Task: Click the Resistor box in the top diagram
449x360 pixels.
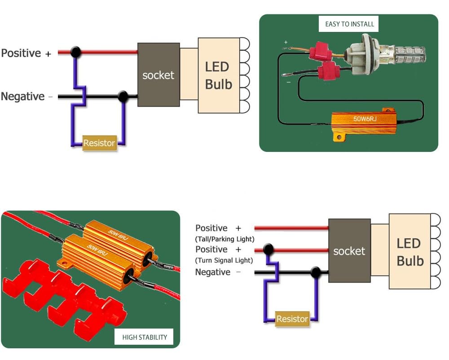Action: pyautogui.click(x=99, y=143)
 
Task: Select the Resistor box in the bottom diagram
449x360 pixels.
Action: pyautogui.click(x=292, y=319)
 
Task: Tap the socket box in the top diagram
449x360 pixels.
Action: pyautogui.click(x=158, y=75)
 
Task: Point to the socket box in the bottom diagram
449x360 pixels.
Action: pyautogui.click(x=349, y=251)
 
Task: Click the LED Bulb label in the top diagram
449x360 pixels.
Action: pyautogui.click(x=219, y=76)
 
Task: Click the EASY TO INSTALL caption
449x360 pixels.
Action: pyautogui.click(x=349, y=24)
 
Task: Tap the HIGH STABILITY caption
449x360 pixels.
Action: pyautogui.click(x=145, y=337)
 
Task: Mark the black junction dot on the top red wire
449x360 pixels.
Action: pyautogui.click(x=76, y=52)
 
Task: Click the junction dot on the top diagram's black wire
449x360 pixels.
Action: pyautogui.click(x=122, y=96)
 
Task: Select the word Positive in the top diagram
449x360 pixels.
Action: pyautogui.click(x=21, y=53)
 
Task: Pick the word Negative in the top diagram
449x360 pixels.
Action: pyautogui.click(x=23, y=97)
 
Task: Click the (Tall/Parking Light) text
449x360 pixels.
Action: pyautogui.click(x=224, y=239)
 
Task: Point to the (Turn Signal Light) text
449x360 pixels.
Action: pyautogui.click(x=224, y=260)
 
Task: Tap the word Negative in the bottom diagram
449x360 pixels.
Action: pyautogui.click(x=213, y=272)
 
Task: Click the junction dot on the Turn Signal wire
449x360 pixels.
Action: pyautogui.click(x=269, y=249)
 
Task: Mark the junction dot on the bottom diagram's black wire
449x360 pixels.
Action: pyautogui.click(x=315, y=272)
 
